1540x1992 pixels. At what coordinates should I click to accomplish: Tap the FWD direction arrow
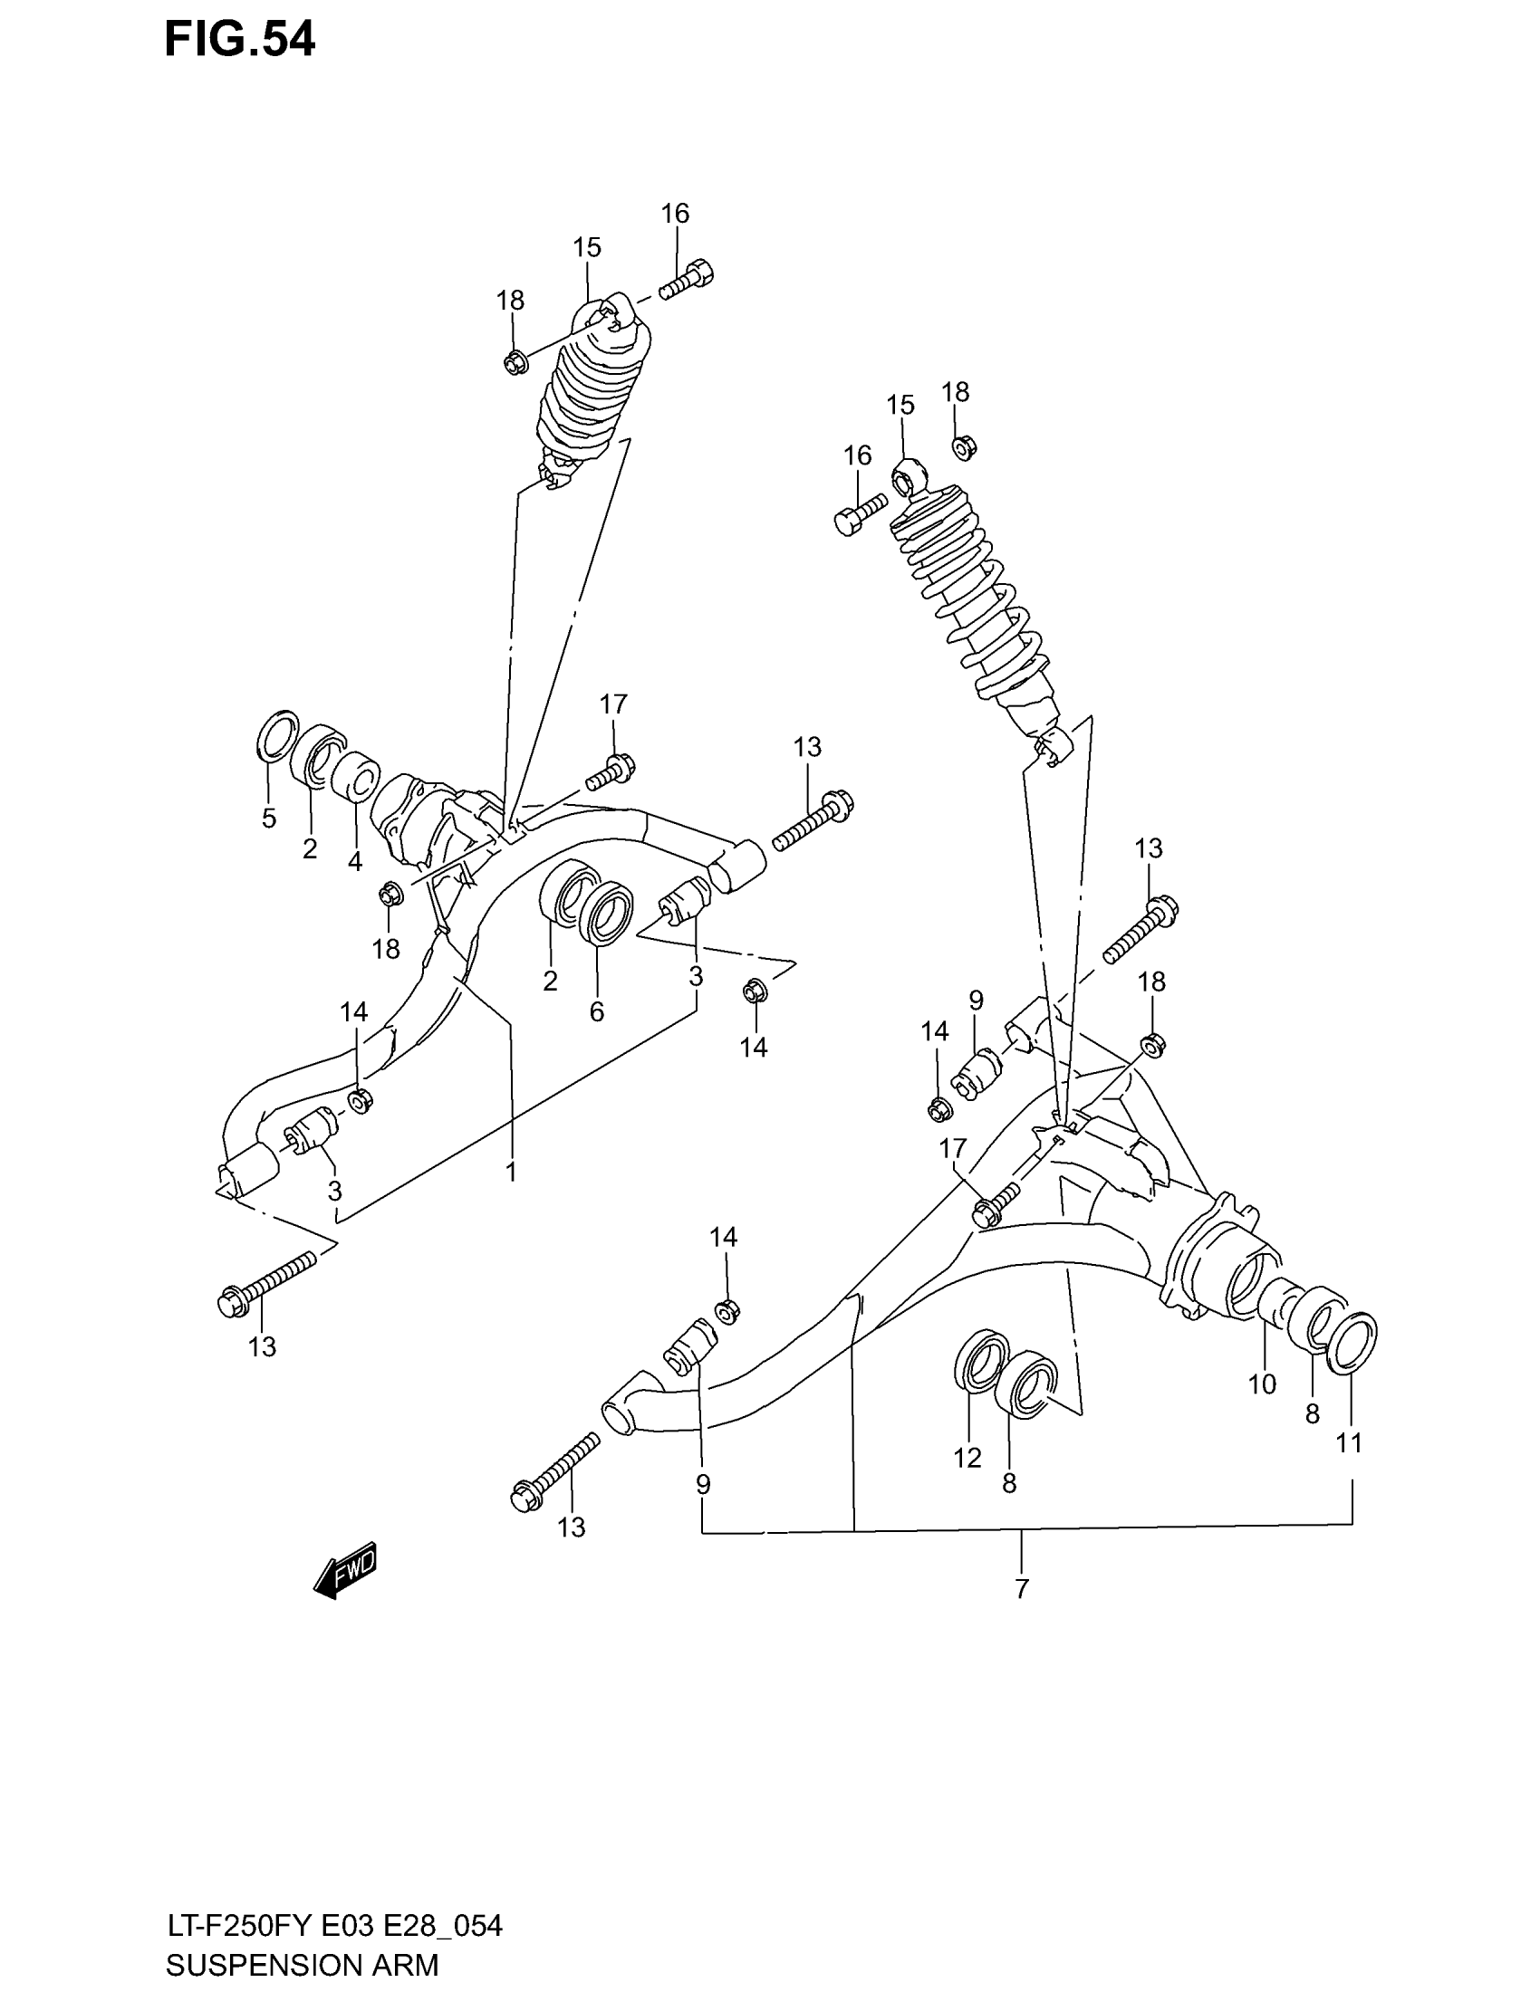point(345,1573)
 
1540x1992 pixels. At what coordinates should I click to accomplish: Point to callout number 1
point(511,1171)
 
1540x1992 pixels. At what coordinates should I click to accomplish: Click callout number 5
point(268,819)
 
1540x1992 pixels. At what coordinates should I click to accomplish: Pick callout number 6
point(597,1011)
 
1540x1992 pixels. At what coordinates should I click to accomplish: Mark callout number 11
point(1350,1443)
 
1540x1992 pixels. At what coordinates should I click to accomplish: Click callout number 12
point(967,1458)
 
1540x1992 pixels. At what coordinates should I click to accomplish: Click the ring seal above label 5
point(278,734)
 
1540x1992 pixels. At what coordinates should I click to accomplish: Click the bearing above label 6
point(607,912)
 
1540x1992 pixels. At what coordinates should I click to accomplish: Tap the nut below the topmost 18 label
point(515,363)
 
